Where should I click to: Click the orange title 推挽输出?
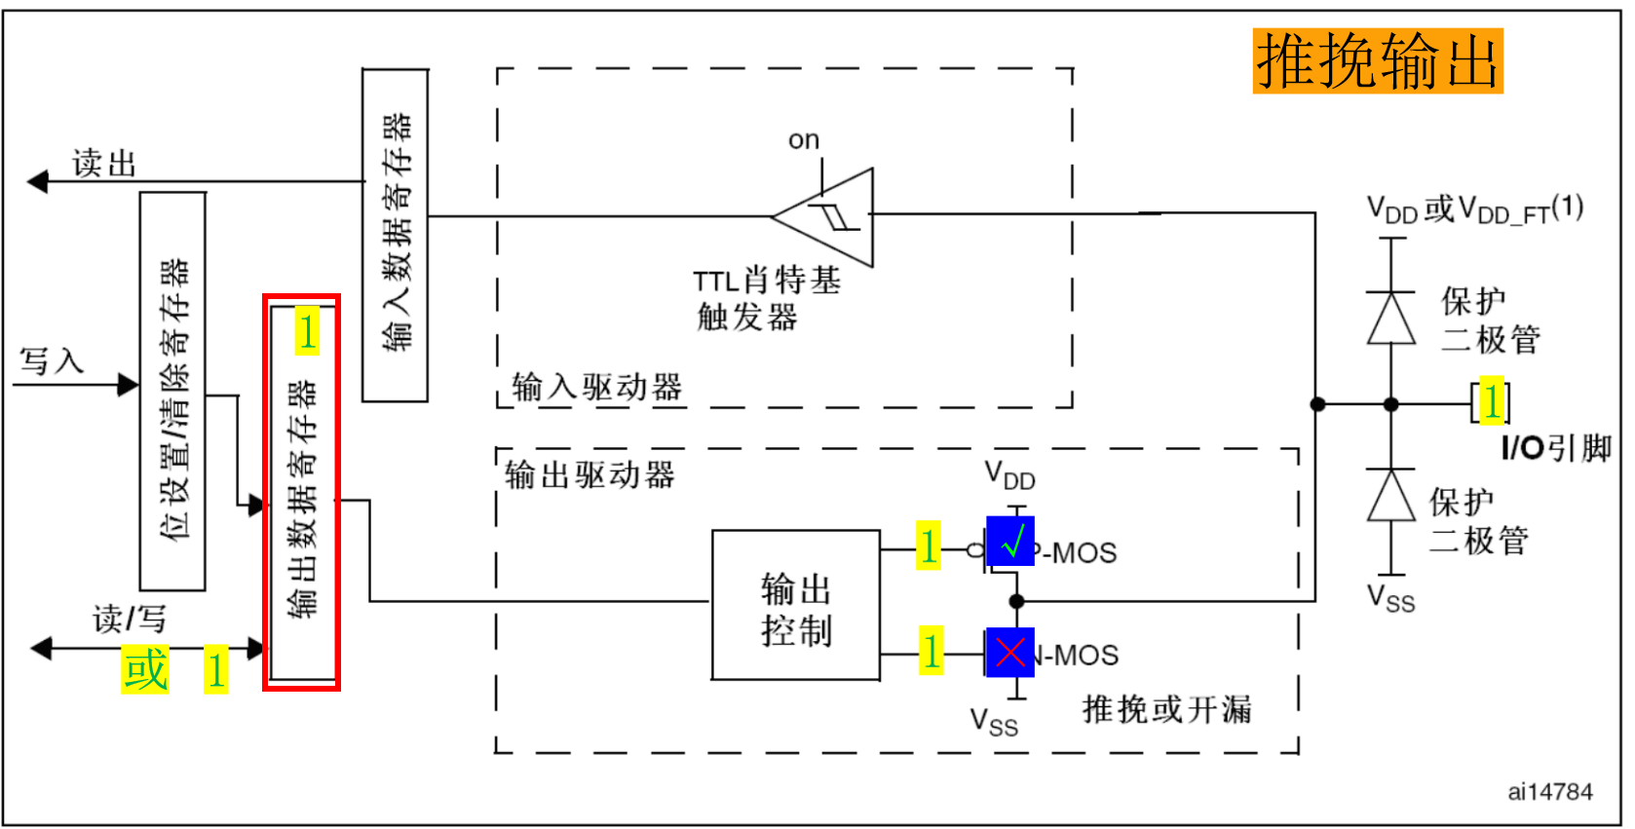(1377, 61)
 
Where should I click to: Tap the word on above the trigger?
(803, 140)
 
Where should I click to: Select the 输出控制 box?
(795, 605)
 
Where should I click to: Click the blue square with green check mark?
(1009, 542)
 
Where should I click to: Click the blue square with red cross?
(1009, 653)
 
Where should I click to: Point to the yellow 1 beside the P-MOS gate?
(929, 546)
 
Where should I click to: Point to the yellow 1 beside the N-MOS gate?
(932, 651)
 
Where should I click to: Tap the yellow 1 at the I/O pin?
(1491, 401)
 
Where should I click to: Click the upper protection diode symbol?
(1390, 319)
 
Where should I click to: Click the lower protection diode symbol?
(1390, 496)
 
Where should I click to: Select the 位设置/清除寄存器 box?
(172, 392)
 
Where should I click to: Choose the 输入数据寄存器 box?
(395, 234)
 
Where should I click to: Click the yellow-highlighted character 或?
(145, 670)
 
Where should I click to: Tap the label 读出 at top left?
(103, 163)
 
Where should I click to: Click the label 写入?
(52, 361)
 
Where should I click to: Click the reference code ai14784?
(1549, 791)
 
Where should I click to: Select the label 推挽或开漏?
(1165, 709)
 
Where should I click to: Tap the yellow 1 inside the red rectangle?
(307, 331)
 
